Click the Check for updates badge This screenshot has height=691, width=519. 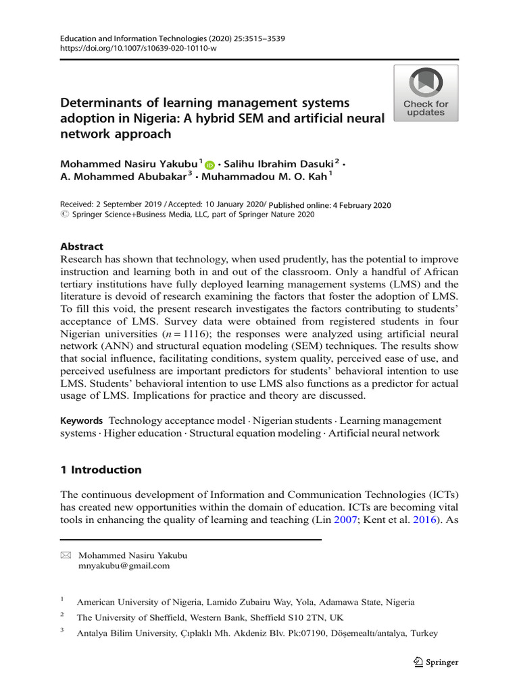426,93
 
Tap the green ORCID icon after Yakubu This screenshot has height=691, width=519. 209,165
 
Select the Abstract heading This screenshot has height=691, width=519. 82,247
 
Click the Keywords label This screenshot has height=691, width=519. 82,421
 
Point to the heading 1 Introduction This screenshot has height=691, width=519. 101,470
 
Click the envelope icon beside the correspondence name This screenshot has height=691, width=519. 65,555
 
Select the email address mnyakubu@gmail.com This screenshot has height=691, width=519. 124,566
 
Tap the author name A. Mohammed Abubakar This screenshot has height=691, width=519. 123,177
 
